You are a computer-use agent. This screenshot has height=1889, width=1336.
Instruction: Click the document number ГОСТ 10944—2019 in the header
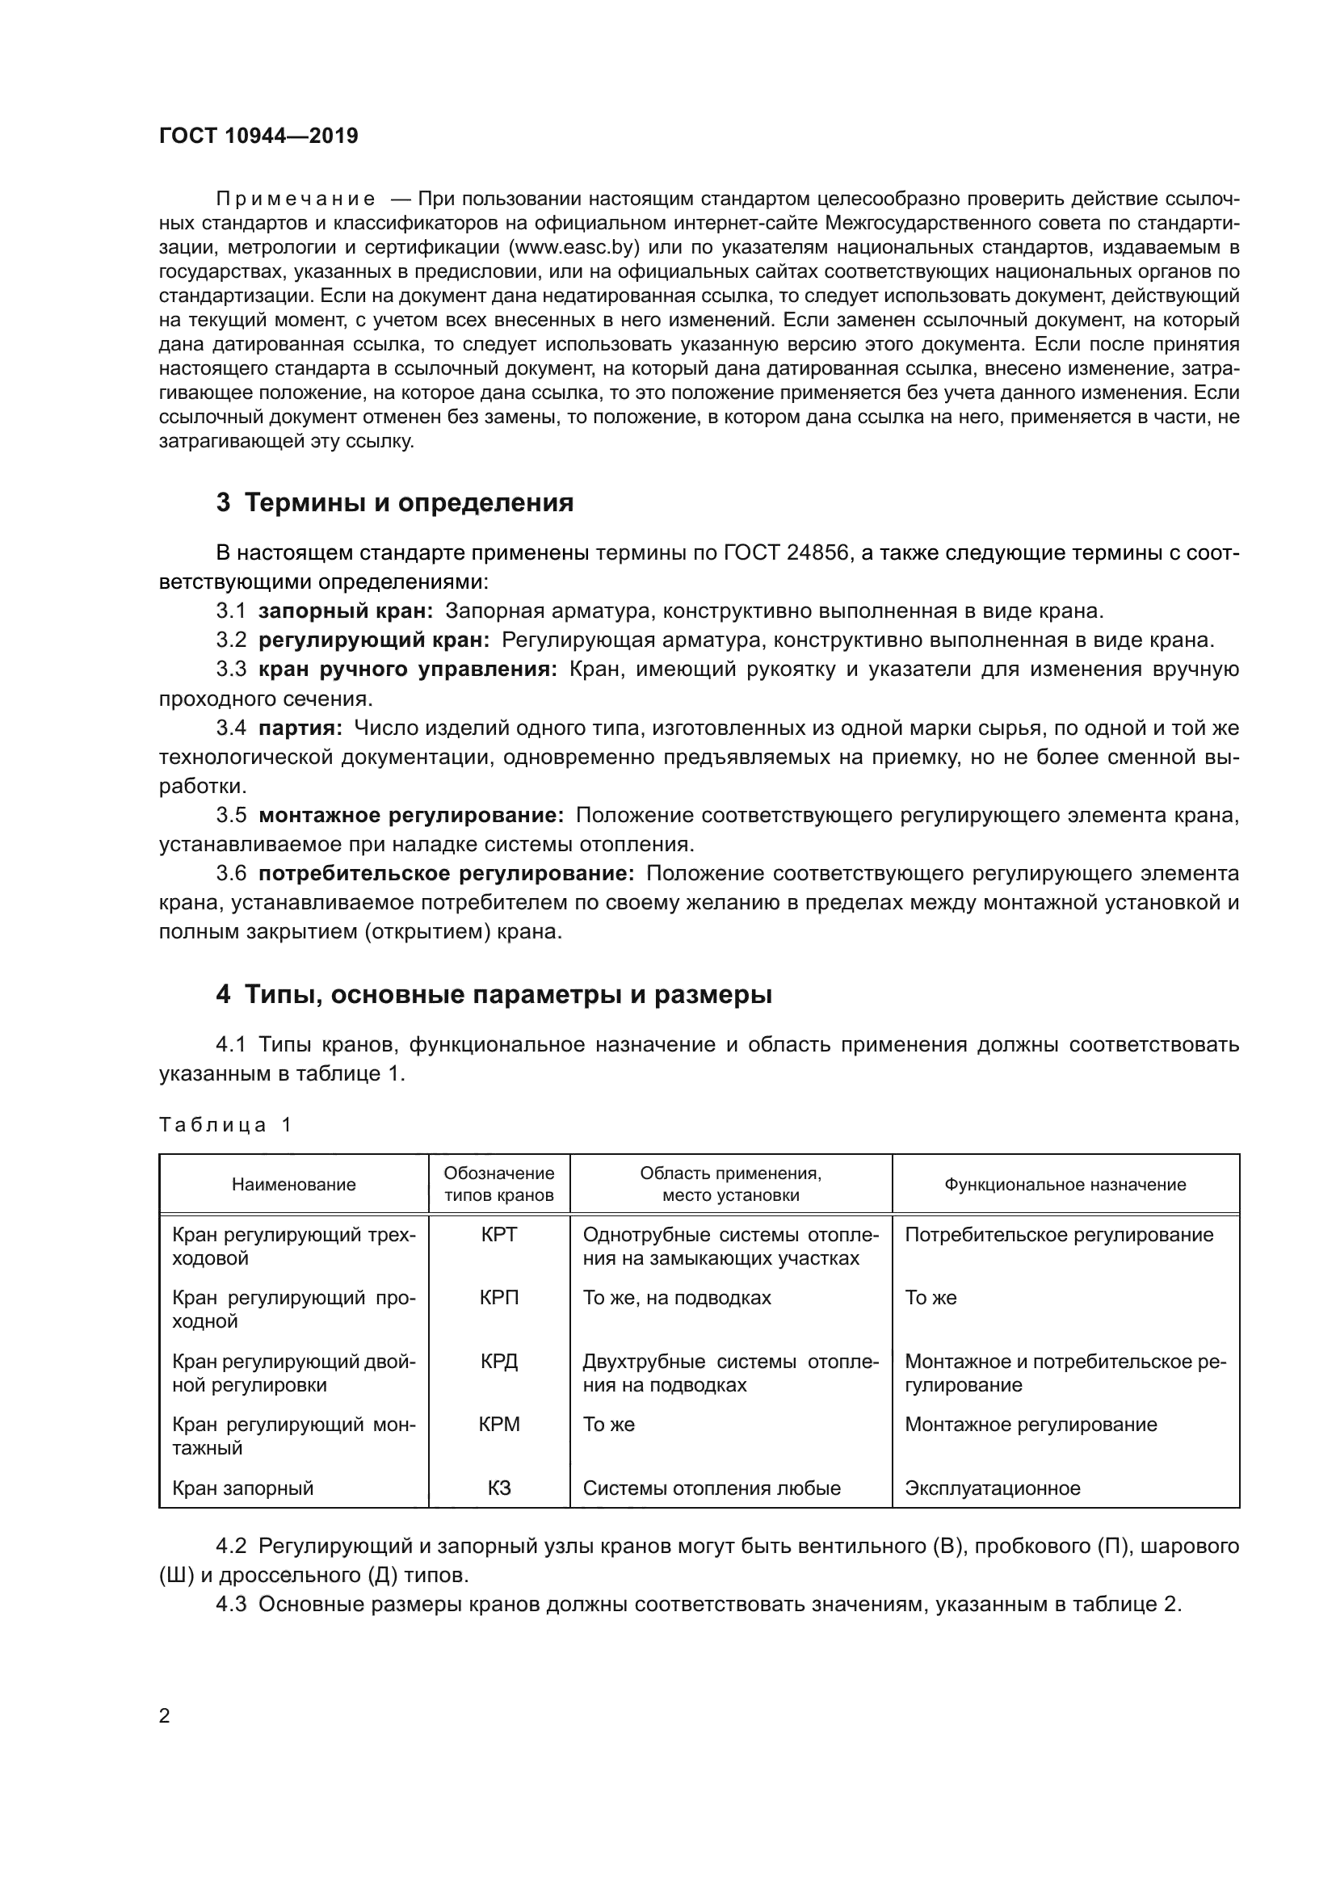point(258,136)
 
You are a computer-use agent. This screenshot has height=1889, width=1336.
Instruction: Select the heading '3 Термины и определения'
point(395,502)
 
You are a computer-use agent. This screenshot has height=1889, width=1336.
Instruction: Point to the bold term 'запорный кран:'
point(346,611)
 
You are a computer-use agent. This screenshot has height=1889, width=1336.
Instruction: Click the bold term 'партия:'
point(300,728)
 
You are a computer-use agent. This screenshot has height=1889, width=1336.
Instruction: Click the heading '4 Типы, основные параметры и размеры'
point(494,995)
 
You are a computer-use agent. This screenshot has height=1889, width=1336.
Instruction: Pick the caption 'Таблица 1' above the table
point(225,1125)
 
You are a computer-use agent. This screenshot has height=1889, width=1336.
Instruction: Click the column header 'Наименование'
point(294,1184)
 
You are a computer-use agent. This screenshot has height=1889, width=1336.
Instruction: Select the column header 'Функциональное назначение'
point(1065,1184)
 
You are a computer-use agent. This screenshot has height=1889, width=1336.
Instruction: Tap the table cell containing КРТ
point(498,1234)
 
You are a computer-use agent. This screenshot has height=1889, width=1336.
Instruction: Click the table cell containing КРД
point(498,1361)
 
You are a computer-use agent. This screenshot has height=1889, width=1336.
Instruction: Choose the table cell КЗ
point(498,1488)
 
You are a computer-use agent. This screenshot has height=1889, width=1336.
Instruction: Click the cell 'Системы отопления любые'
point(712,1488)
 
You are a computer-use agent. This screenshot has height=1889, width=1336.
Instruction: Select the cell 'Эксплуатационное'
point(992,1488)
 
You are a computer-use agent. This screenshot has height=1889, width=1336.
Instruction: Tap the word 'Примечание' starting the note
point(296,199)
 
